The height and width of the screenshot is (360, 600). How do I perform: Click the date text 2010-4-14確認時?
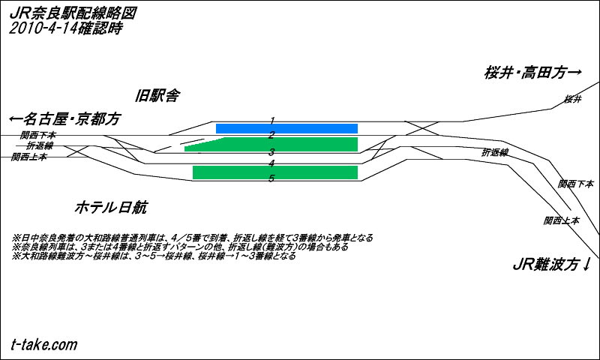(66, 28)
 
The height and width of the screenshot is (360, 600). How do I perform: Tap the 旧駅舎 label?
(157, 95)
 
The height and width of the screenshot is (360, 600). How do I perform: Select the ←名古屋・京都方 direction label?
(64, 119)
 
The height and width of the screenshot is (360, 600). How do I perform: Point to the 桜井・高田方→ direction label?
(533, 73)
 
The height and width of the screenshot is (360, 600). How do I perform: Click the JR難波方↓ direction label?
(552, 264)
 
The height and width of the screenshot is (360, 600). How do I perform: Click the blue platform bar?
(286, 128)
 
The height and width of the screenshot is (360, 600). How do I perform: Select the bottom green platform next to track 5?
(274, 172)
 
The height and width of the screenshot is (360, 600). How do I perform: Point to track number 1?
(272, 120)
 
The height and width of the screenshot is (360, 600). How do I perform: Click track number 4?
(272, 163)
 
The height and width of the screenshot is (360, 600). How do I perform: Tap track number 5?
(272, 178)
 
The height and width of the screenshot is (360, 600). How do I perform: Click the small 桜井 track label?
(573, 99)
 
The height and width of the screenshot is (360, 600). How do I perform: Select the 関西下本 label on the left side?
(38, 135)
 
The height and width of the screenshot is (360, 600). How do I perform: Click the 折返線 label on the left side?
(41, 145)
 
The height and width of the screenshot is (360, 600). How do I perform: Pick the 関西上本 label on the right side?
(562, 220)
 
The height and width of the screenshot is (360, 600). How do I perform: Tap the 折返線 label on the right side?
(495, 152)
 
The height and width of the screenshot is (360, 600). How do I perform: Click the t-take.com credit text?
(44, 344)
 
